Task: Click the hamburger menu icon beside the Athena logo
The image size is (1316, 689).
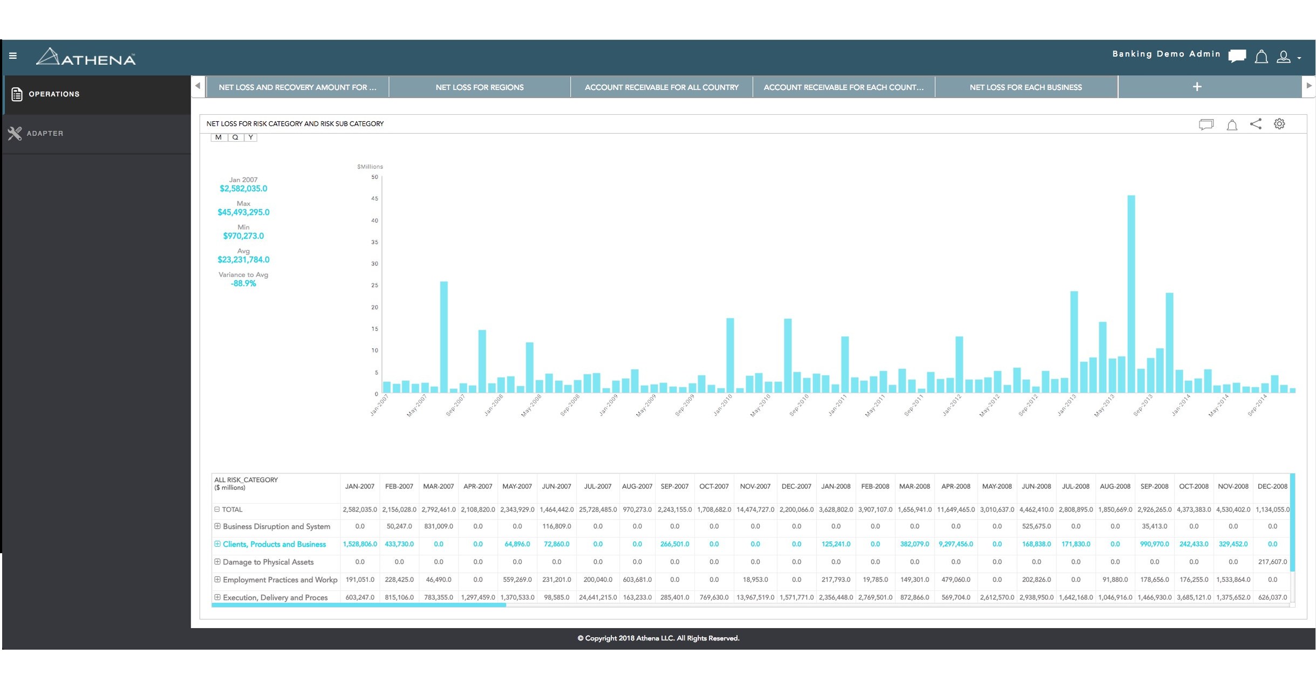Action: [13, 56]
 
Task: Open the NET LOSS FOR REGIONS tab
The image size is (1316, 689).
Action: [479, 87]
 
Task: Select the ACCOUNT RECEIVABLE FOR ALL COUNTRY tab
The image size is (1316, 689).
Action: [662, 87]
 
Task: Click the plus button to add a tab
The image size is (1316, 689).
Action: [1197, 87]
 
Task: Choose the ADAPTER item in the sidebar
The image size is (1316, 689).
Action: [45, 133]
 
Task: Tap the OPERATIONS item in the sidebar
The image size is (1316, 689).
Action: [54, 94]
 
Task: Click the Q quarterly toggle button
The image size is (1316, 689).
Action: [235, 137]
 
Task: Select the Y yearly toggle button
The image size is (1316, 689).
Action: [250, 137]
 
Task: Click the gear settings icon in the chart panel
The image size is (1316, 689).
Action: [1279, 124]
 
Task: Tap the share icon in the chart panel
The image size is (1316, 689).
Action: [1256, 124]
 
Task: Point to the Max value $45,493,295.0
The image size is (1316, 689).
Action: [243, 212]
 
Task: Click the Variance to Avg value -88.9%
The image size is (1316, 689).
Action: [243, 284]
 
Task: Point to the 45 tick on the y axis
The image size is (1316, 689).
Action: [374, 199]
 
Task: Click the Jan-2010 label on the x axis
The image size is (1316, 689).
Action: [722, 405]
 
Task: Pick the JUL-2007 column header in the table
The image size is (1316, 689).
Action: [597, 486]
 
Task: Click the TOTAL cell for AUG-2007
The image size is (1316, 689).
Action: [637, 509]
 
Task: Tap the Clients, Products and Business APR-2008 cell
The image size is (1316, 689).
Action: [956, 545]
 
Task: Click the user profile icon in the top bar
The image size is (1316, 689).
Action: [1283, 57]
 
